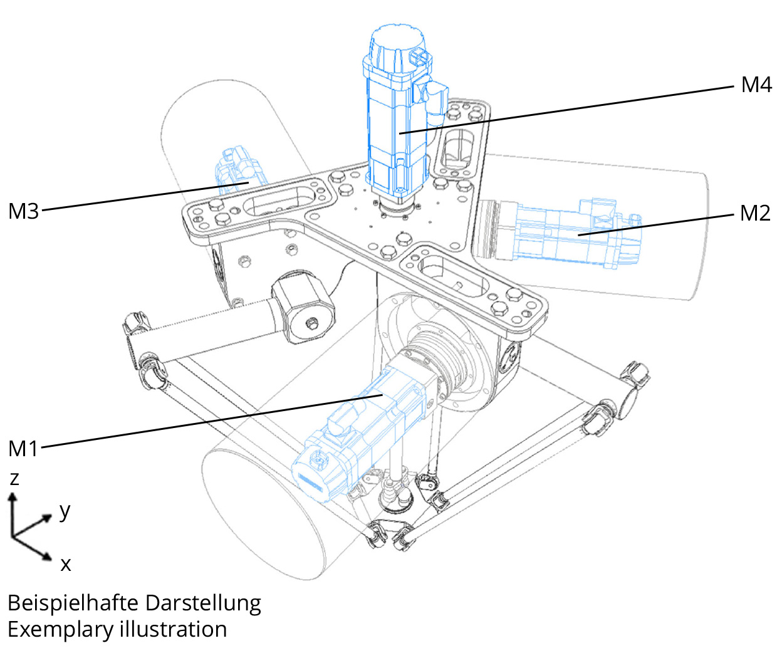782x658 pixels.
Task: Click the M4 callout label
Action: [x=756, y=85]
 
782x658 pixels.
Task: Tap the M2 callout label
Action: [x=754, y=214]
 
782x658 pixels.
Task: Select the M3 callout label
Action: [x=24, y=211]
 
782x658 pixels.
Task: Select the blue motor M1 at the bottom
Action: [x=357, y=432]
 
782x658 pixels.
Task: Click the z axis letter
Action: [x=14, y=479]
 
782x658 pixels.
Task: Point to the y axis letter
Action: [x=65, y=511]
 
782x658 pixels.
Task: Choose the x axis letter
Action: [x=65, y=565]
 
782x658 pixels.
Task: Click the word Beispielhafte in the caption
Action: [x=73, y=603]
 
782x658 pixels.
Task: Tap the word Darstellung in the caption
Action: [x=203, y=603]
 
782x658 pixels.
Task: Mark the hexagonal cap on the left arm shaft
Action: [x=304, y=310]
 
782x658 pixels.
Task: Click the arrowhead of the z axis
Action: [x=11, y=498]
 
